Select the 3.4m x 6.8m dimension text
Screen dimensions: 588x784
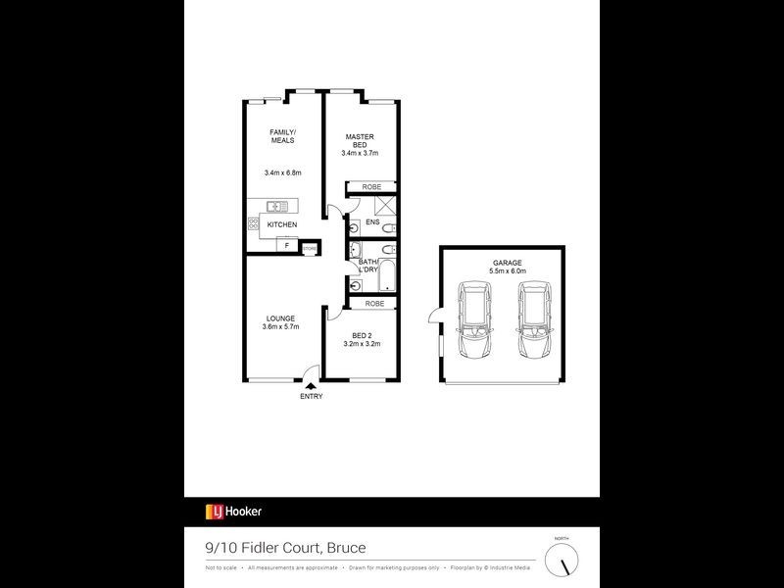[282, 173]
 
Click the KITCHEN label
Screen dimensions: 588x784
[282, 224]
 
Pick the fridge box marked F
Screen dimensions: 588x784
[287, 246]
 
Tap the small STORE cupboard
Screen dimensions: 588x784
[310, 249]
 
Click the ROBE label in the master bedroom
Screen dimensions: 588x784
[371, 186]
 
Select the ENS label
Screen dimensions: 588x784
[372, 222]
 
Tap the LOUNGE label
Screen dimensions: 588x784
[280, 318]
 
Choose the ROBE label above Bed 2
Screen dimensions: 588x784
[374, 304]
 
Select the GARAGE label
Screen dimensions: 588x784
[508, 263]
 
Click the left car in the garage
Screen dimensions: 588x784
[475, 320]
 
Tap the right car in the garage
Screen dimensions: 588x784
[535, 320]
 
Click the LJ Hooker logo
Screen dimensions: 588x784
[233, 511]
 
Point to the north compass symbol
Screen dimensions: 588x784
[562, 560]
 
